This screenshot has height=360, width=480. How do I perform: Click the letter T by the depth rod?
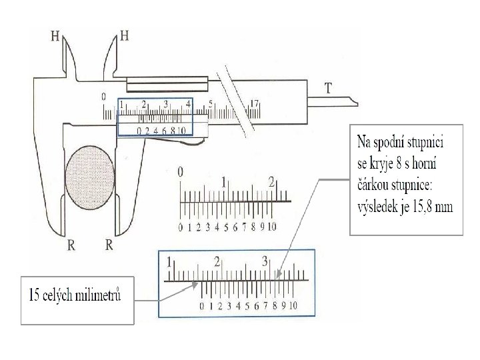point(329,87)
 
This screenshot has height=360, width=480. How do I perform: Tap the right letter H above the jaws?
point(124,35)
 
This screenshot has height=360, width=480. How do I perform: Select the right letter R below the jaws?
point(109,245)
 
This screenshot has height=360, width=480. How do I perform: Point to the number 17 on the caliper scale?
point(253,103)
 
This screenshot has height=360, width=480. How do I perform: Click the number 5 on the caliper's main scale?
point(210,104)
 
